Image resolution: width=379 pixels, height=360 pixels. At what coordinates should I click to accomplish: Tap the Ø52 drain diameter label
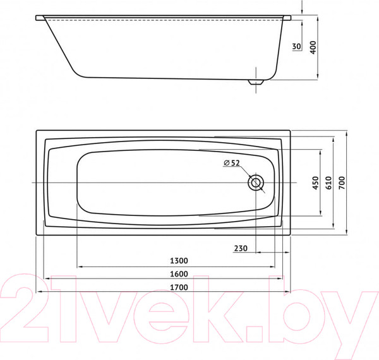(231, 163)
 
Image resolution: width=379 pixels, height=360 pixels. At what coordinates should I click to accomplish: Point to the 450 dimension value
(314, 183)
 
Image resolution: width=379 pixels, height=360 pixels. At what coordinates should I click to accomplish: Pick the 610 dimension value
(328, 183)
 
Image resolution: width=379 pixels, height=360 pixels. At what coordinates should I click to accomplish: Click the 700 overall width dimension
(342, 183)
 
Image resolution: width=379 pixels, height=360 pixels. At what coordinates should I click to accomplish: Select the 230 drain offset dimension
(240, 248)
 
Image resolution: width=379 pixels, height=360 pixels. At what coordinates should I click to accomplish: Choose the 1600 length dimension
(179, 275)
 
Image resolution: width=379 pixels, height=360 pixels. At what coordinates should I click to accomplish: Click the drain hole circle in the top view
(256, 183)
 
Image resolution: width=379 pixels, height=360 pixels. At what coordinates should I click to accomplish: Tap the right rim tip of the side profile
(289, 19)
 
